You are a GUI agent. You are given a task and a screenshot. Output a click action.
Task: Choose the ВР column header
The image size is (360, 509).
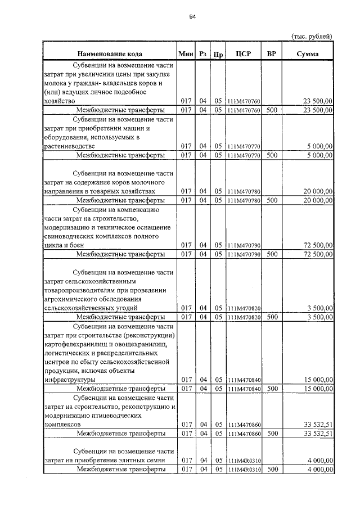(272, 54)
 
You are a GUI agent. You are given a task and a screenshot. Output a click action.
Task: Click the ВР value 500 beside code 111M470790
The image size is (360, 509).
(272, 254)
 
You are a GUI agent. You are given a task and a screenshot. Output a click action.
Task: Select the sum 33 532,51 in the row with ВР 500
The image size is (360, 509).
(315, 434)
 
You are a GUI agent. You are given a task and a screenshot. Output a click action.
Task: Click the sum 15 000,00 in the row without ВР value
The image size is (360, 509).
(317, 380)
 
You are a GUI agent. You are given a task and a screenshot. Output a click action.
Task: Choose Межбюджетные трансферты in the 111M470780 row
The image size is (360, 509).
(120, 200)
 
